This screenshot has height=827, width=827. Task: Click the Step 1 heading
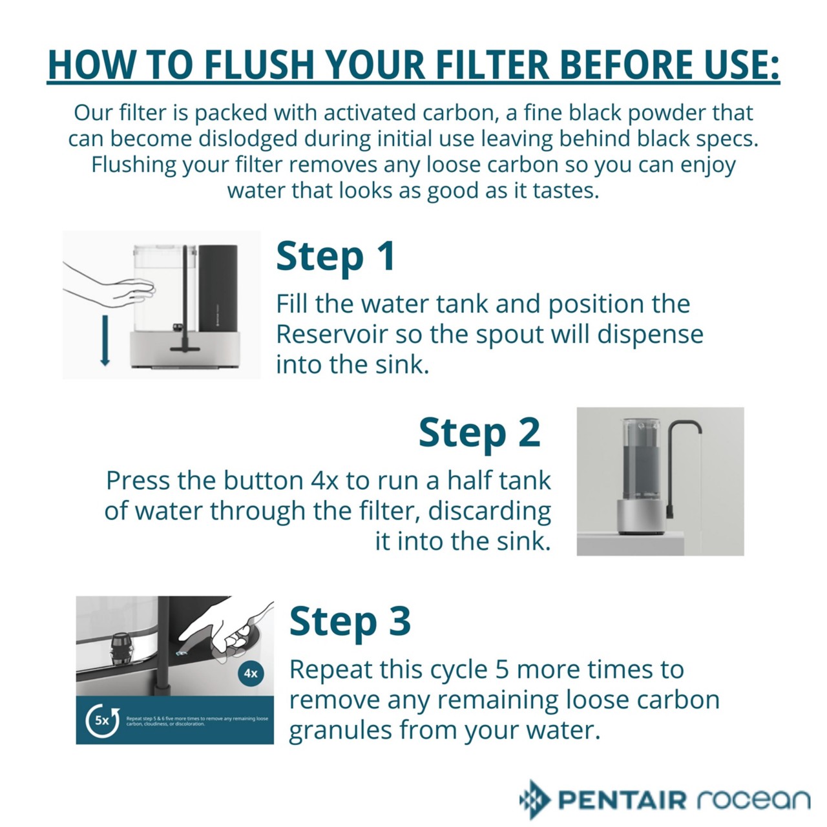pos(335,256)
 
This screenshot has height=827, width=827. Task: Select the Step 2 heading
pos(479,432)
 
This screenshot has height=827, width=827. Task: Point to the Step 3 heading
pos(350,622)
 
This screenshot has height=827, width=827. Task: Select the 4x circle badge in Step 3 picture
pos(251,673)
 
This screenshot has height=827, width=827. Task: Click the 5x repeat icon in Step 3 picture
pos(103,720)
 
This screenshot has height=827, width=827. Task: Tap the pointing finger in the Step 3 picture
pos(213,633)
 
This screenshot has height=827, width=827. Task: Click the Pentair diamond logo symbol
pos(534,799)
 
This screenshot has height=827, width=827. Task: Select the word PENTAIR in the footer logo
pos(622,800)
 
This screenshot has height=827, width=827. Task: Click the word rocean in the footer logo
pos(753,800)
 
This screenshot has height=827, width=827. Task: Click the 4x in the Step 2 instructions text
pos(325,481)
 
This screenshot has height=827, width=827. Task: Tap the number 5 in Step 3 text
pos(502,670)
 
